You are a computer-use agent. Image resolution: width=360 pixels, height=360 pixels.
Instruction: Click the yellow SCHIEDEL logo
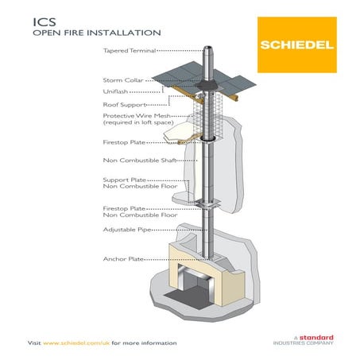(292, 41)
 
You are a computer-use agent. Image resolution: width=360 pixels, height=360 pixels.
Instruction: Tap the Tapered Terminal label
(128, 50)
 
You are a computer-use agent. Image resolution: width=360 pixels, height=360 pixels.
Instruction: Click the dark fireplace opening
(209, 280)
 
